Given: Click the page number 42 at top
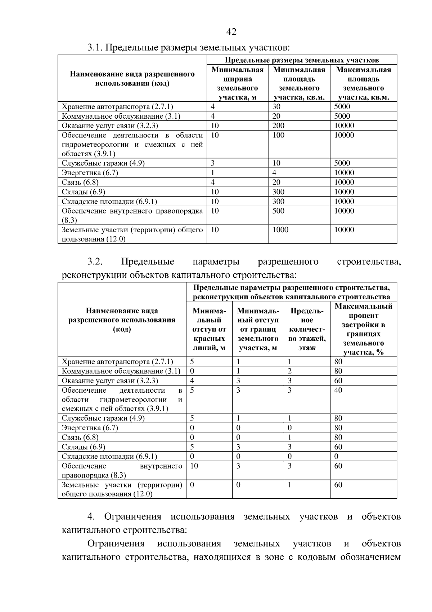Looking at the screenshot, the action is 231,32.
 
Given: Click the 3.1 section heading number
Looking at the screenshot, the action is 95,48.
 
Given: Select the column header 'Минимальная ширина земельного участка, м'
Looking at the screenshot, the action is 237,83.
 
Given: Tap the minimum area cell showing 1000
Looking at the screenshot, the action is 280,230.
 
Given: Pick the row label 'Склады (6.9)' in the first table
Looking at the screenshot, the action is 84,192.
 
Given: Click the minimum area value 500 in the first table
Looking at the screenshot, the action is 278,211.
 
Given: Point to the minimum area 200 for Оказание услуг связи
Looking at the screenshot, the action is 278,126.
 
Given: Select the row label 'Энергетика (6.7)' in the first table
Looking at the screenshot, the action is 90,173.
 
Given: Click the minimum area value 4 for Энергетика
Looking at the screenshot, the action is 274,173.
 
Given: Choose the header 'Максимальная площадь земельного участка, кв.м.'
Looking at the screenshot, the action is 363,83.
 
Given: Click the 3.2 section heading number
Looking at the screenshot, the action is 95,261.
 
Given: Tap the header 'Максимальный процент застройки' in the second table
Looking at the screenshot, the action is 363,329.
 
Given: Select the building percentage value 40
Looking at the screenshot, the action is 338,390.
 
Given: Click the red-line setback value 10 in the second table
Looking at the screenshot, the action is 194,466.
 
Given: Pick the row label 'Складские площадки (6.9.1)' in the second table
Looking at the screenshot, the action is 109,457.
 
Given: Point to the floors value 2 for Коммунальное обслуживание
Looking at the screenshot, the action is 289,371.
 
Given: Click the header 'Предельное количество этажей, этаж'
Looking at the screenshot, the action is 307,329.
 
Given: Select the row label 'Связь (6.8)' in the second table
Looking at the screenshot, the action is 80,437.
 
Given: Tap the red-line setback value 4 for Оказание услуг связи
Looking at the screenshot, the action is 192,381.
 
